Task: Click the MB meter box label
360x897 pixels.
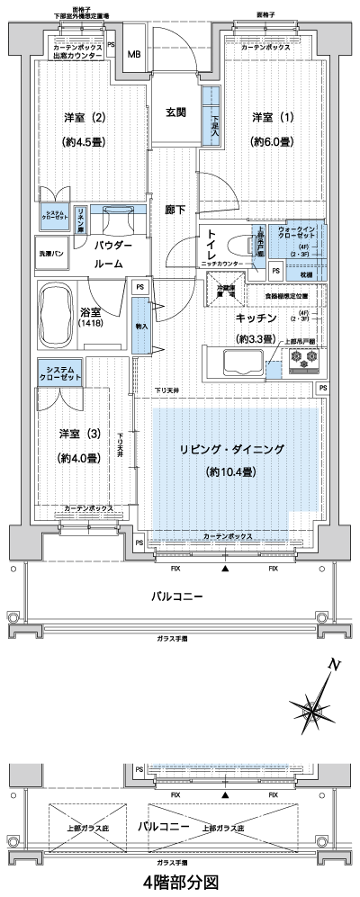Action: [133, 54]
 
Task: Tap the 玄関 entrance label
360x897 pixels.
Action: [175, 112]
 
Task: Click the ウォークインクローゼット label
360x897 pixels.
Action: [295, 236]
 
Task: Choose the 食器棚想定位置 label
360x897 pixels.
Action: [286, 295]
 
